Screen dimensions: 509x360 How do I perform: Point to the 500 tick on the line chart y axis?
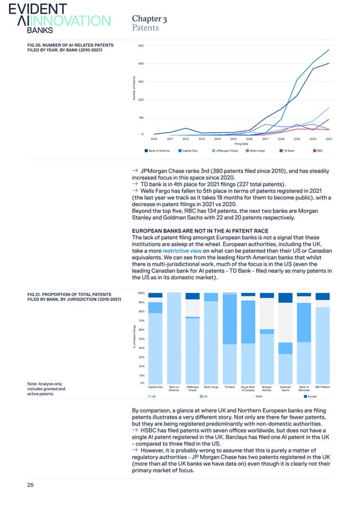(x=141, y=46)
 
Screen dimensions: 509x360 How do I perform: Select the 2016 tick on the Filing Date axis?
(x=249, y=138)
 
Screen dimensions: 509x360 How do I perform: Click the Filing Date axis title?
(x=241, y=144)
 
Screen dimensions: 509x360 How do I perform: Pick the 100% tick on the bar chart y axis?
(x=142, y=293)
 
